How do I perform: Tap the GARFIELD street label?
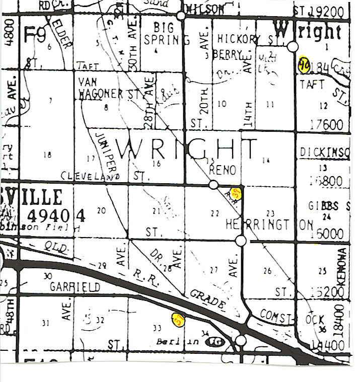(75, 287)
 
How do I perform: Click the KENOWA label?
(342, 267)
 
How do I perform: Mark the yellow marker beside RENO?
(236, 193)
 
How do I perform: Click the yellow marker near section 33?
(178, 319)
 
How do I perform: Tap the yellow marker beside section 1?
(304, 64)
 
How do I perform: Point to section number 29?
(102, 265)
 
